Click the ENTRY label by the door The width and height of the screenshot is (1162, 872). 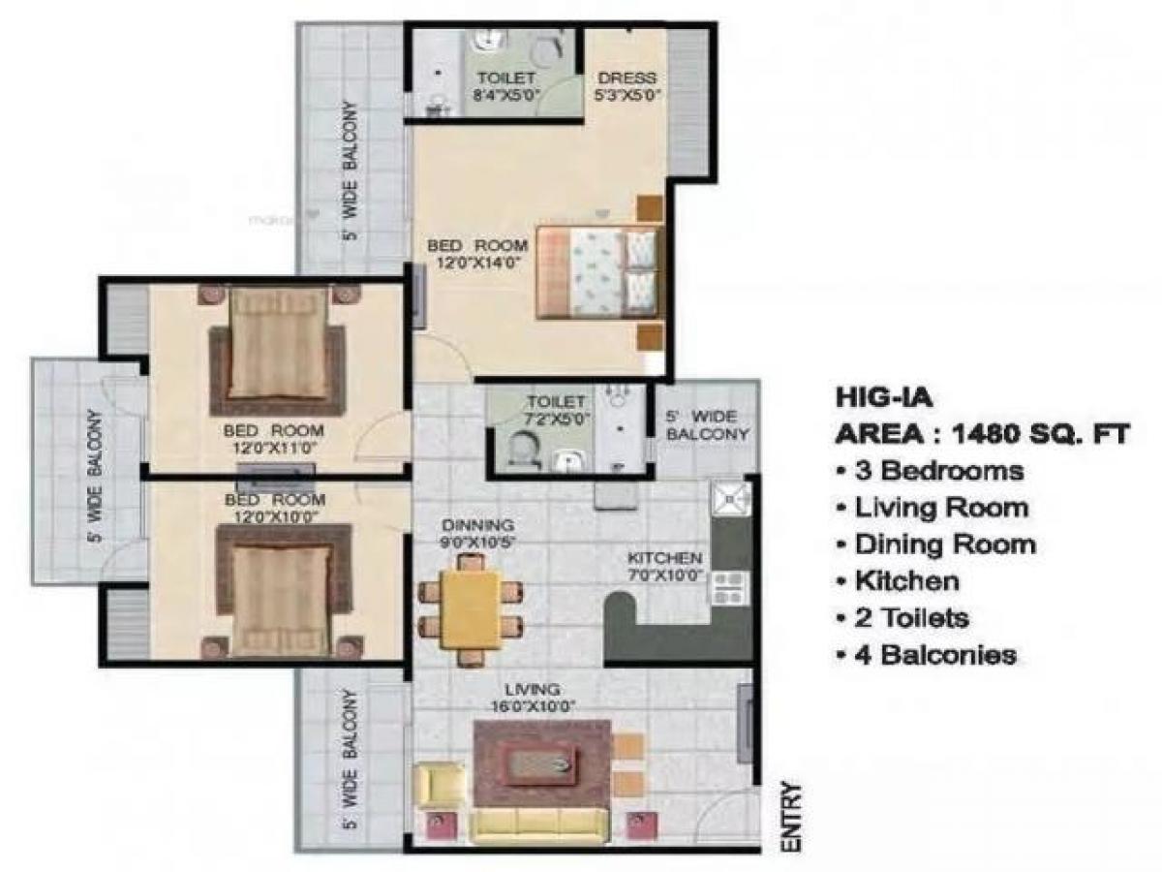click(793, 817)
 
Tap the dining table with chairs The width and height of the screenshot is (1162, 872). click(470, 603)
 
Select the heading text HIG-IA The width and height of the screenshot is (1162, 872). click(874, 397)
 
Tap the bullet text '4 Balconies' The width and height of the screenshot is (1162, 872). click(925, 655)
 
